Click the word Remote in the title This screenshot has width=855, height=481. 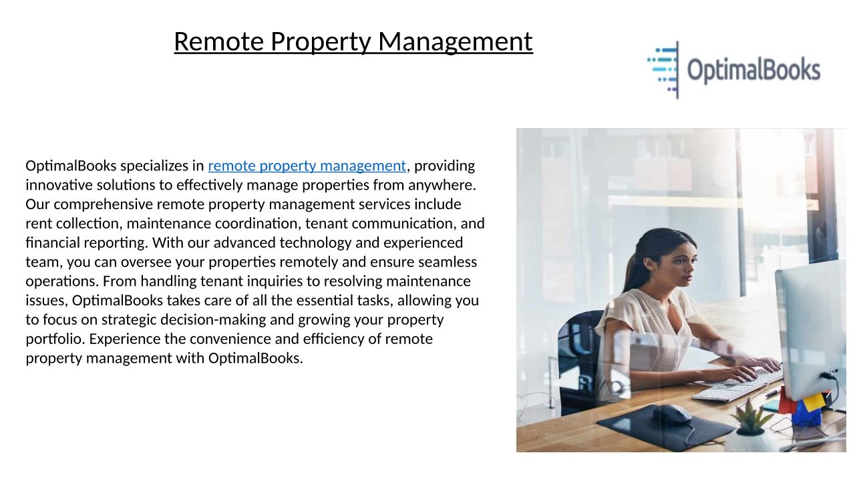tap(218, 41)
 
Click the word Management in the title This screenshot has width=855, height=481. tap(456, 41)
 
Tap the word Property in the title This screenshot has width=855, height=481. tap(321, 42)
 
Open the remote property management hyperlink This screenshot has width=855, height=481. tap(307, 166)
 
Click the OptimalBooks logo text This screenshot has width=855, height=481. tap(754, 70)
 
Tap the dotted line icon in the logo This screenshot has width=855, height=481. tap(663, 70)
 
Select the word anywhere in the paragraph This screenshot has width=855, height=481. tap(442, 185)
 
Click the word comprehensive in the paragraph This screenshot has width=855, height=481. tap(103, 204)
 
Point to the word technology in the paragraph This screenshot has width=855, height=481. tap(315, 243)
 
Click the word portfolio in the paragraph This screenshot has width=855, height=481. tap(55, 339)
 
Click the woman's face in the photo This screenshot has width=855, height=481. tap(679, 263)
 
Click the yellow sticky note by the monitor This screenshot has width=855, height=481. tap(814, 402)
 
